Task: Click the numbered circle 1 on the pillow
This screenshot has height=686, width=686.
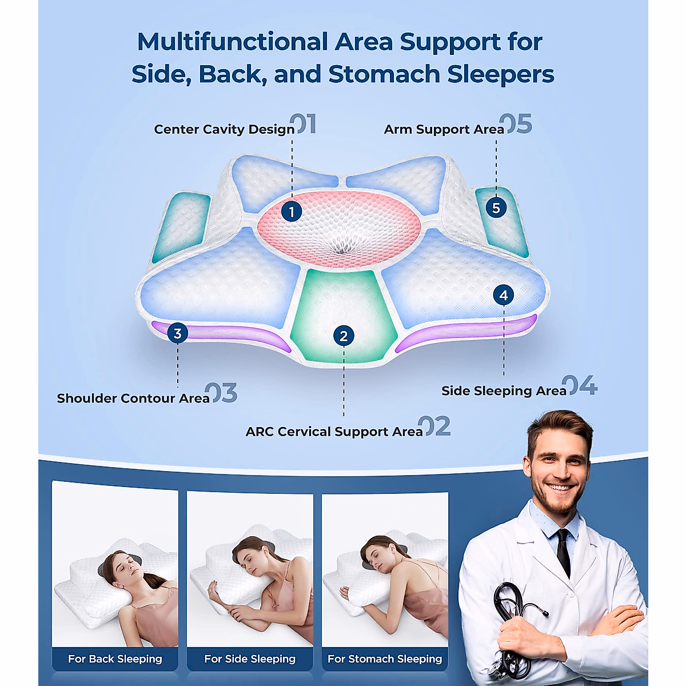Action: click(292, 212)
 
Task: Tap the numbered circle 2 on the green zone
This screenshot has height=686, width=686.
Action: click(344, 336)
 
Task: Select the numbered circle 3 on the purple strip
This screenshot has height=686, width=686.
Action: click(178, 333)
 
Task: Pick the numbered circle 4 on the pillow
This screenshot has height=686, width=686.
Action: click(504, 296)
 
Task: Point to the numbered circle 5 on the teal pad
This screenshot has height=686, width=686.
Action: click(496, 208)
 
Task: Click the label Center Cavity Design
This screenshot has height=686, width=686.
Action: click(224, 130)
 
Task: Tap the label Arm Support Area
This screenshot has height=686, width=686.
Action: click(444, 130)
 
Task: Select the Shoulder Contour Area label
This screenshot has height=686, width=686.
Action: click(133, 398)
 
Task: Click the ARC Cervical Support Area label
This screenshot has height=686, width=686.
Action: click(334, 432)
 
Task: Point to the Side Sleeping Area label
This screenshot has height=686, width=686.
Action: click(504, 391)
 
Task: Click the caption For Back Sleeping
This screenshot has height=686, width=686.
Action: click(115, 659)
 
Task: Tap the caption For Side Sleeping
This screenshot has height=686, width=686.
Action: click(250, 659)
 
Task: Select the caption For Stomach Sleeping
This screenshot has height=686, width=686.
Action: click(385, 659)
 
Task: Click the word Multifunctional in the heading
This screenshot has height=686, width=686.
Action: click(232, 42)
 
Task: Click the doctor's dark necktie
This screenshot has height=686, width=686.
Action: click(564, 552)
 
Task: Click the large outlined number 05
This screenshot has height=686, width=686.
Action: click(516, 124)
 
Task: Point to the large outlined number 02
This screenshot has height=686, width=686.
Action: click(434, 426)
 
